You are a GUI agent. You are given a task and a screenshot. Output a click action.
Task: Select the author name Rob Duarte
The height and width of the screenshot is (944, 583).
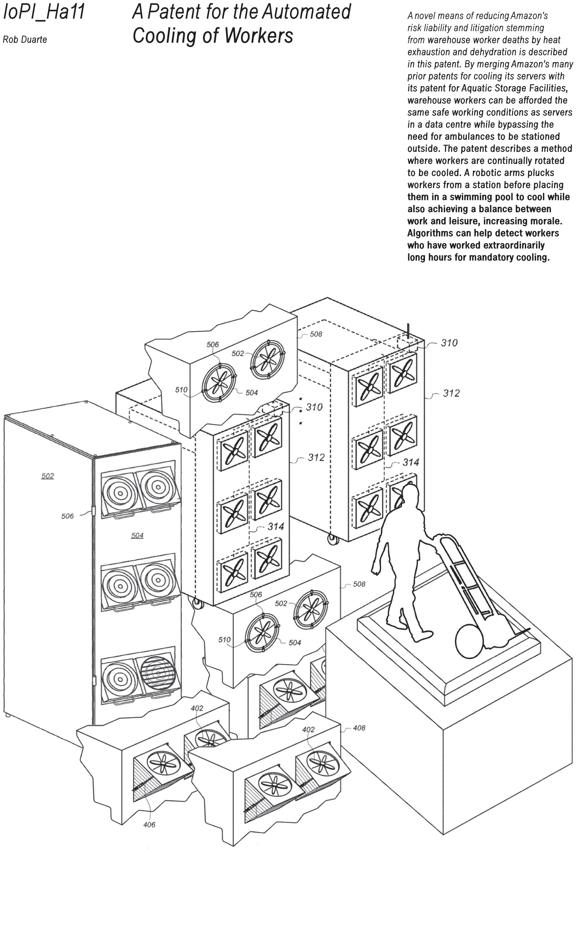coord(25,40)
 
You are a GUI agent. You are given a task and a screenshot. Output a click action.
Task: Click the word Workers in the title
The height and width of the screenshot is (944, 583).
coord(258,36)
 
